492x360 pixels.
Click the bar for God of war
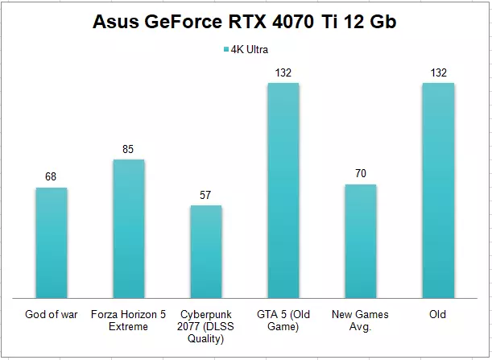(52, 242)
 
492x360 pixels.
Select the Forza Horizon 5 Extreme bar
(129, 228)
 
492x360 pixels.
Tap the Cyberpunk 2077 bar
(206, 250)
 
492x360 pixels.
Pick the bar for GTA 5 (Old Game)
(283, 189)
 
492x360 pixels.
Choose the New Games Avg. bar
(360, 240)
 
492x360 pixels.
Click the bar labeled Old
(437, 189)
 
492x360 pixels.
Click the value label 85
(129, 149)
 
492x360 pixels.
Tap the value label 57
(206, 195)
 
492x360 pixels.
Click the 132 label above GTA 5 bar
(283, 72)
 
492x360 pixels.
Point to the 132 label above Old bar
(437, 72)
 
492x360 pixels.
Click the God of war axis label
(52, 315)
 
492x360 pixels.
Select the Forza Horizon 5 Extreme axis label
(129, 321)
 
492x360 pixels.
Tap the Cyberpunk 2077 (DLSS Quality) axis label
(206, 326)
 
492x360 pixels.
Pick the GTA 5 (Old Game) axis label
(283, 321)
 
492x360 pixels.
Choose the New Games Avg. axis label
(360, 321)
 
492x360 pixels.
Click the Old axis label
(437, 315)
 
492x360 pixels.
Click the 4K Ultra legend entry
(245, 49)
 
